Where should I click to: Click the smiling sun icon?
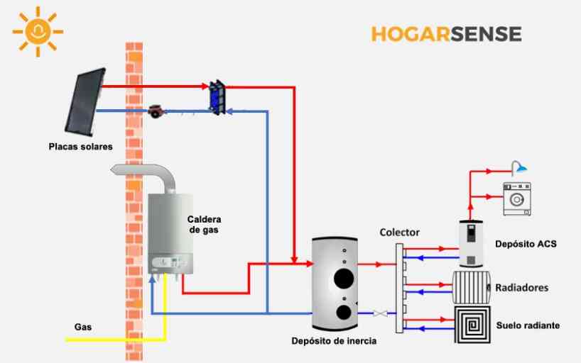38,31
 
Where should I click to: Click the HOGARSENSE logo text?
446,34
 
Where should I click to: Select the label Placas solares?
81,147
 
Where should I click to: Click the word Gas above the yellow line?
83,327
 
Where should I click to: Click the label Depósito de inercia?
333,341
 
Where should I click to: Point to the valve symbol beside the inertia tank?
381,313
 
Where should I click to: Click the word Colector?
399,232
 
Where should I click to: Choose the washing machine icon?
516,199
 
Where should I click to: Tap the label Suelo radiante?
527,325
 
